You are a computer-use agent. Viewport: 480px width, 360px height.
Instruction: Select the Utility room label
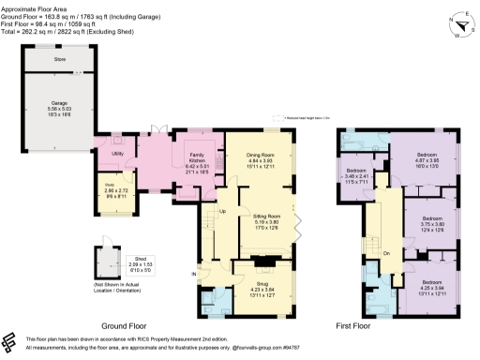[118, 152]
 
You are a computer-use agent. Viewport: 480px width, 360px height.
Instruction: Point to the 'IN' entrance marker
[195, 275]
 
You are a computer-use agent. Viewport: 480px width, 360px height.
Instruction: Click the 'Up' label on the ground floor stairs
[222, 210]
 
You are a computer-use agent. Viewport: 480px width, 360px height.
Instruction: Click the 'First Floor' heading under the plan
[358, 327]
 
